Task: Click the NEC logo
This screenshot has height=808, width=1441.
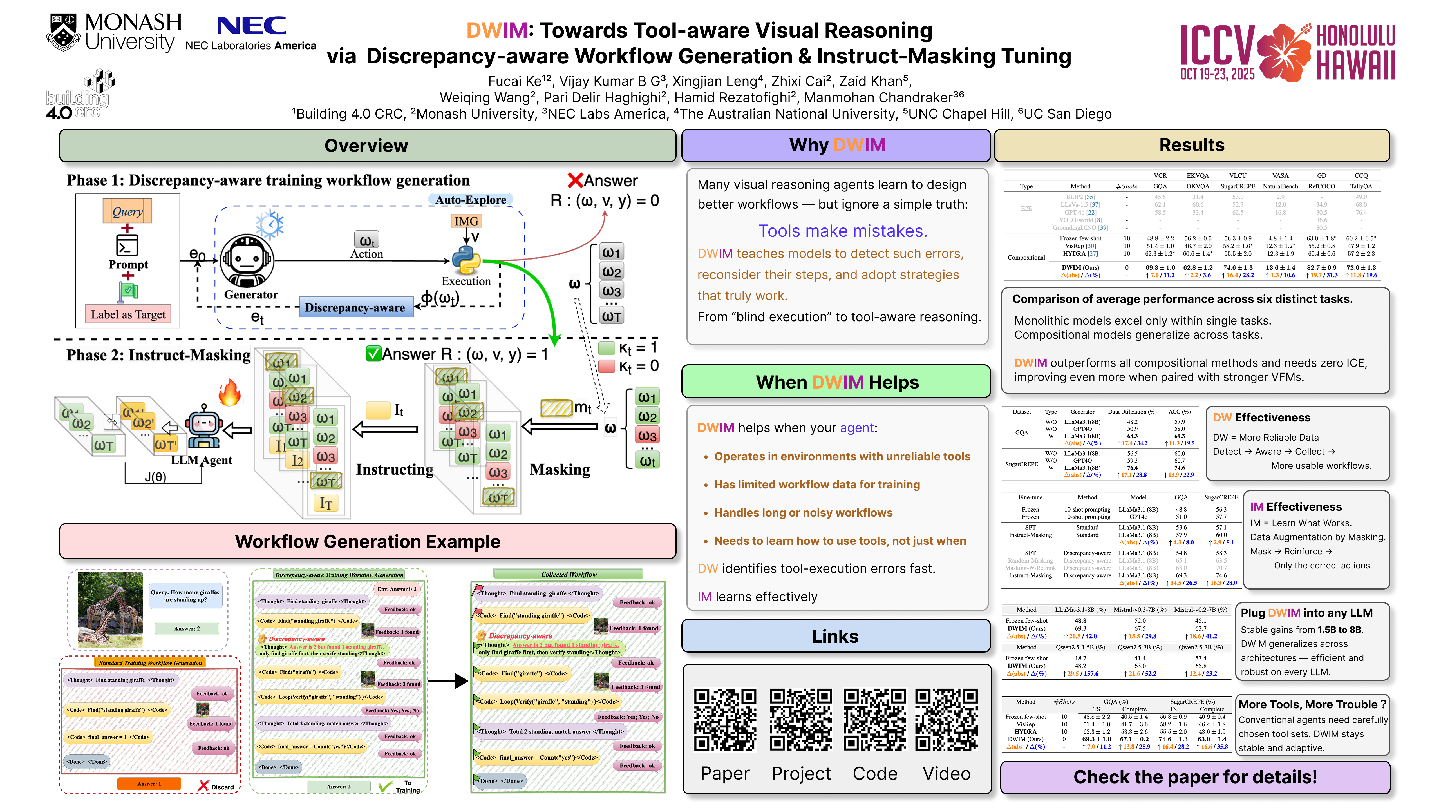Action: pos(251,26)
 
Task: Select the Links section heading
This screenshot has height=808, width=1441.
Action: pos(835,636)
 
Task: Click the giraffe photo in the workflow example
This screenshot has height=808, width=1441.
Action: pos(110,610)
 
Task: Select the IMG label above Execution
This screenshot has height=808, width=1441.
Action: pos(466,221)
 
